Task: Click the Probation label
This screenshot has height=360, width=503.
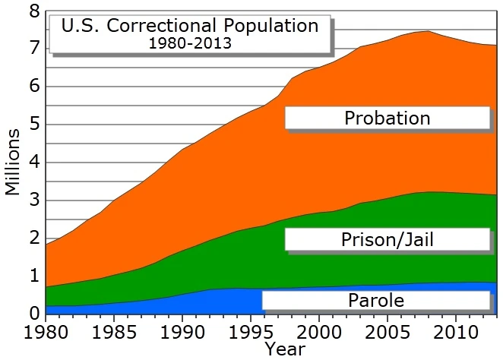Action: pos(387,118)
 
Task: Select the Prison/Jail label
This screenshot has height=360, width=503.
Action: pos(387,241)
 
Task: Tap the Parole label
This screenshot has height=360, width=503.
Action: pos(375,300)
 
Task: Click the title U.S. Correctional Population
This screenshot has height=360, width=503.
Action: pos(189,26)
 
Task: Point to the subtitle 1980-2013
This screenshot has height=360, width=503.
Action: pos(189,43)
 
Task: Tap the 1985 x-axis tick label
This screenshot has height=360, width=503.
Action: pos(114,333)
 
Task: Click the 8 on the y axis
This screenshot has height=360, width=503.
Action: pos(33,11)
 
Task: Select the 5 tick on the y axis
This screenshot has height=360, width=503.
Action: pos(33,125)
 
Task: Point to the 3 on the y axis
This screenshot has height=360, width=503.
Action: pos(33,201)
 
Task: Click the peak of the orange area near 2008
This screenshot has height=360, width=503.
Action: pos(427,31)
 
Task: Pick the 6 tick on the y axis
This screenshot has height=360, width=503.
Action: pos(33,87)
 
